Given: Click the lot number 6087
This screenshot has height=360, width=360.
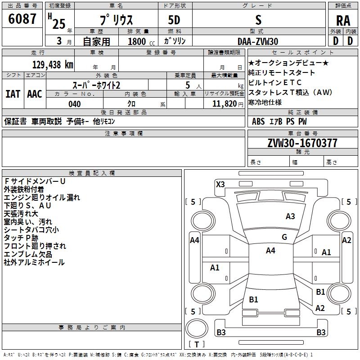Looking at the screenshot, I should click(x=22, y=20).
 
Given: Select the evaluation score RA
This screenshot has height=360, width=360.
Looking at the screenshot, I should click(x=342, y=21).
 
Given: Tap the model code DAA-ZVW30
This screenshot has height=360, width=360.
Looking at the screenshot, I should click(x=258, y=41).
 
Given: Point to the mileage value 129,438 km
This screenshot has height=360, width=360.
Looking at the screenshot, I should click(x=53, y=64).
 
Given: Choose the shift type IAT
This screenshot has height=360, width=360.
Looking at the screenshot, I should click(x=13, y=94).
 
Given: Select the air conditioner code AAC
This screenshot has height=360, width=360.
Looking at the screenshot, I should click(x=34, y=94).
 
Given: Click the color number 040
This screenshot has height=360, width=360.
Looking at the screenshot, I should click(x=74, y=104).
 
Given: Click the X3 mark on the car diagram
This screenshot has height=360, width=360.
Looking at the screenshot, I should click(x=220, y=184).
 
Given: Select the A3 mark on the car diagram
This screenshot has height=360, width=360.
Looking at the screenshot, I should click(x=290, y=216).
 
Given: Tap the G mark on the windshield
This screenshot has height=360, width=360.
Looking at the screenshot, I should click(x=284, y=237).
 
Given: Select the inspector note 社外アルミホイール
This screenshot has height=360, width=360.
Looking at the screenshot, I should click(x=34, y=262).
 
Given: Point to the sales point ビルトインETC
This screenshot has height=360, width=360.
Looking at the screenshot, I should click(x=275, y=82).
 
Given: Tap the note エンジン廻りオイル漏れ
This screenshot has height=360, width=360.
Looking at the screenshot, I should click(x=41, y=198).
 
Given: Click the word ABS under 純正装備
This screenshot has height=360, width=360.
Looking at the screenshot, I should click(x=258, y=121).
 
